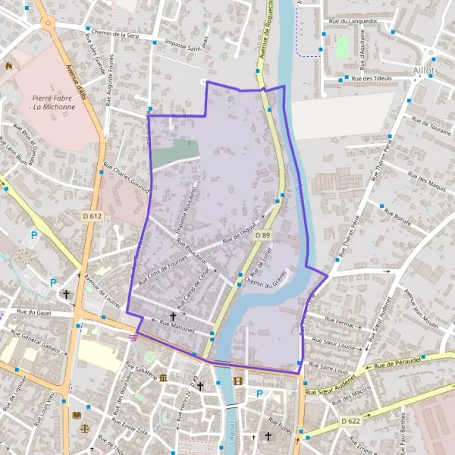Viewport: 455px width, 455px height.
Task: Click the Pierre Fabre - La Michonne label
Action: coord(54,102)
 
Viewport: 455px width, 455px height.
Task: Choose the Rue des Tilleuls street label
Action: coord(371,79)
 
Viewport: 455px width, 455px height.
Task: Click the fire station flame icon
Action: coord(8,65)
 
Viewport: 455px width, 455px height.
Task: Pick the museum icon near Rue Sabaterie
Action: coord(163,378)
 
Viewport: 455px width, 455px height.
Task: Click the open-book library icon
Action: coord(75,415)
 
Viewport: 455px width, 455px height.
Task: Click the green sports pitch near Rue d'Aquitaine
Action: coord(343,47)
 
